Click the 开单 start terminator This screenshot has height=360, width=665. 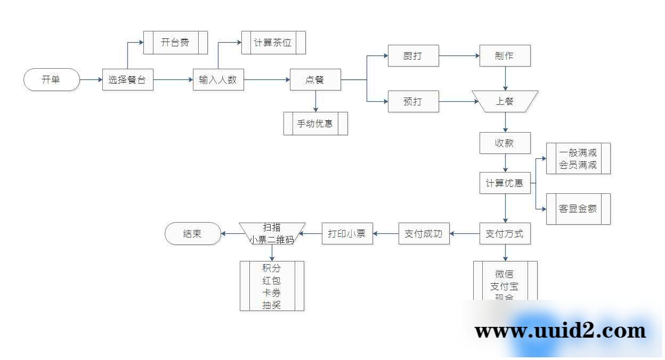click(52, 80)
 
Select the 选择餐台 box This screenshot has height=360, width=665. click(128, 80)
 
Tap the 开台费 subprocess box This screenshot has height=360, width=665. click(175, 43)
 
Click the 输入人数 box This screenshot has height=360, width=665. click(218, 80)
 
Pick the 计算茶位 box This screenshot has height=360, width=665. click(273, 43)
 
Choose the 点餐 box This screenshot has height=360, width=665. click(315, 80)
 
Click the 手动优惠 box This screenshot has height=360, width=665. click(315, 124)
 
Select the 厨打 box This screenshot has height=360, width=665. click(413, 55)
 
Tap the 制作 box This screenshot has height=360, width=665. click(505, 55)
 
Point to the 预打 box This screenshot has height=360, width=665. click(413, 101)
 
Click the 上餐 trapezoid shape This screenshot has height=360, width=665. click(505, 101)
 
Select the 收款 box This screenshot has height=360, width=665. click(505, 143)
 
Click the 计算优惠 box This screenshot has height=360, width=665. click(505, 184)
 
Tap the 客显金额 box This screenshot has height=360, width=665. click(578, 209)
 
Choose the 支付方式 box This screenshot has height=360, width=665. click(505, 233)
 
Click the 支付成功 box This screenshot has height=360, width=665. click(424, 233)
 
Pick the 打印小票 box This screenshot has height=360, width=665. click(347, 233)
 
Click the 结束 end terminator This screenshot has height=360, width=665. click(192, 233)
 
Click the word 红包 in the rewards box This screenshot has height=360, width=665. click(272, 281)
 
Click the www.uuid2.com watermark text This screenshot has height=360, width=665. click(560, 331)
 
